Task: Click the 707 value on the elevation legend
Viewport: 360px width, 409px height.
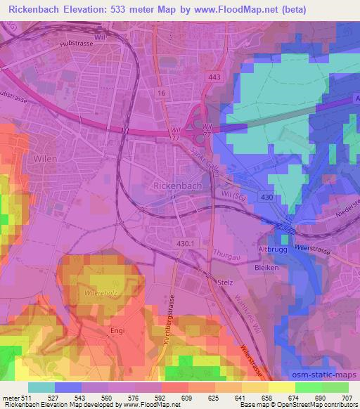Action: (x=345, y=398)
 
